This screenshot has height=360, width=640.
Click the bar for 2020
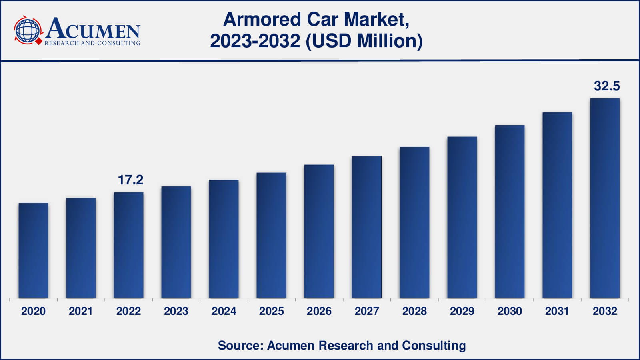click(x=33, y=250)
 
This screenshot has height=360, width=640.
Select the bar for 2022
click(x=128, y=245)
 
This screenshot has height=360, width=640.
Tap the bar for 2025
click(x=271, y=235)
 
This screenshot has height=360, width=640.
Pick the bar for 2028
click(x=414, y=222)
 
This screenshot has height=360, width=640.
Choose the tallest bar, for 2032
click(x=605, y=198)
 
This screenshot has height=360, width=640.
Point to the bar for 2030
click(x=510, y=211)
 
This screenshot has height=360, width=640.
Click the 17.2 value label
click(x=130, y=180)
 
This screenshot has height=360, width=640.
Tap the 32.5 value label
click(x=606, y=86)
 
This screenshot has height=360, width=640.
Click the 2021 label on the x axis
click(x=81, y=311)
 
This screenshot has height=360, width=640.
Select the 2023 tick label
click(x=176, y=311)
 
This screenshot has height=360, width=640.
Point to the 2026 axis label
click(x=319, y=311)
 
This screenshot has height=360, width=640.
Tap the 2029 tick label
click(x=462, y=311)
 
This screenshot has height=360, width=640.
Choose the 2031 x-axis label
click(x=557, y=311)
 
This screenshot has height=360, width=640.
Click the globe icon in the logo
click(x=28, y=30)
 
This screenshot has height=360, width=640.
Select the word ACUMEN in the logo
click(x=93, y=29)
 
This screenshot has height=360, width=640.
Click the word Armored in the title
click(x=262, y=19)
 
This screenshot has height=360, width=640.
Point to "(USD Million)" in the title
click(x=364, y=41)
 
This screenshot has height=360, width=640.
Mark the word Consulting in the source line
click(x=434, y=345)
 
